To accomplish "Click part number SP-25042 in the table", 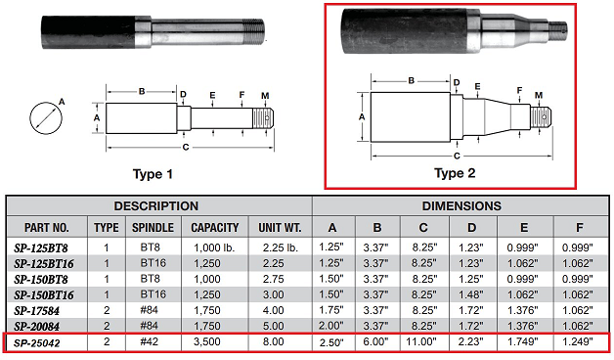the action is pyautogui.click(x=37, y=343).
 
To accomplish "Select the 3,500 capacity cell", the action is pyautogui.click(x=206, y=341).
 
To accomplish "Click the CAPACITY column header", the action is pyautogui.click(x=214, y=228).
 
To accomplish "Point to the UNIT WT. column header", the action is pyautogui.click(x=280, y=228).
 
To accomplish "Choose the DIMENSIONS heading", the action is pyautogui.click(x=461, y=206).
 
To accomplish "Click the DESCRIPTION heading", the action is pyautogui.click(x=155, y=206).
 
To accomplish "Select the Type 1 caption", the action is pyautogui.click(x=153, y=174).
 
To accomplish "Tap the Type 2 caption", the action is pyautogui.click(x=455, y=173).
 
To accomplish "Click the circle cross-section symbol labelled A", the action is pyautogui.click(x=46, y=117).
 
